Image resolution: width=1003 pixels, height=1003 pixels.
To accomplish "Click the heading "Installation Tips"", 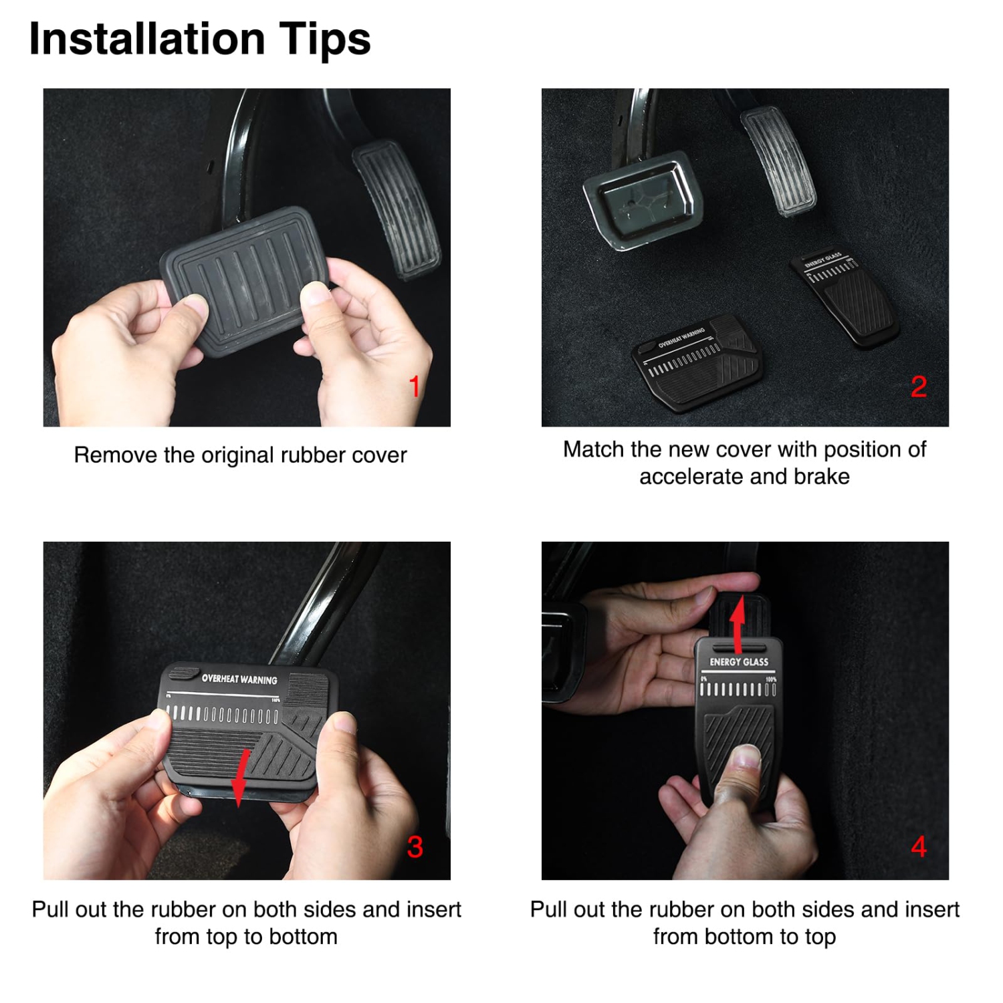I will point(199,39).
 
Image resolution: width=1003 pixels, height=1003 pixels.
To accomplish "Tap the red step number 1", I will point(415,386).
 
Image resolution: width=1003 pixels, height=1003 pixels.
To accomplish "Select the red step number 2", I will point(919,386).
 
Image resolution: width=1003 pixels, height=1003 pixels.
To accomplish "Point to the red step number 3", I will point(415,847).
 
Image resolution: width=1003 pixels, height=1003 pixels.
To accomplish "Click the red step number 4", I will point(919,847).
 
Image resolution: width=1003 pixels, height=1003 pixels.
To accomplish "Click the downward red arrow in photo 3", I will point(239,779).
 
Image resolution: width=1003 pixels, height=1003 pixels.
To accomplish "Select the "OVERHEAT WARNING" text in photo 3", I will point(239,679).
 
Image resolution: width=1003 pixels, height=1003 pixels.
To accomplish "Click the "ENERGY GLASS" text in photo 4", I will point(739,662).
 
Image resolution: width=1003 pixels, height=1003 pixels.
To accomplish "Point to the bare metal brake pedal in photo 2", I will point(643,201).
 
